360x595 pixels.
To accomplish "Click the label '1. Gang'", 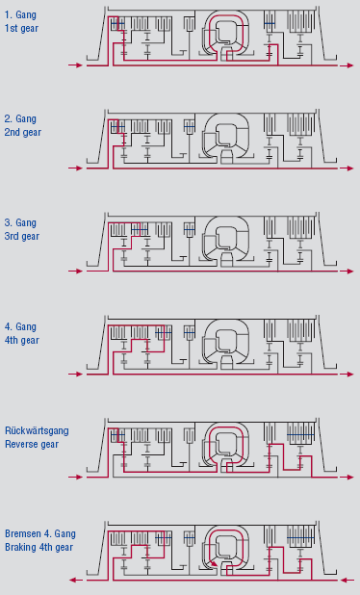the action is point(20,15).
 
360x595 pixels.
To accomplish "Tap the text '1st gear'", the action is point(21,29).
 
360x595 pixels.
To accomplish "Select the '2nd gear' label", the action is point(23,133).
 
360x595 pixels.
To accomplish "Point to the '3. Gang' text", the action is point(20,222).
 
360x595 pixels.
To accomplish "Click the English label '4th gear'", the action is point(21,340).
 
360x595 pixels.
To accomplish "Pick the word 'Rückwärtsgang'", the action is point(37,431).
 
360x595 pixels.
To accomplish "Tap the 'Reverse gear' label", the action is point(32,445).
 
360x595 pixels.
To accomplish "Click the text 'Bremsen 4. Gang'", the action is point(40,534).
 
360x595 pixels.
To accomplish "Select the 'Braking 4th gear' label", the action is point(39,547).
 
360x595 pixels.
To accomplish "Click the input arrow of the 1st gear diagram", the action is point(75,65).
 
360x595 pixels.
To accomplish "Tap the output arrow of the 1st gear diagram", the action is point(347,65).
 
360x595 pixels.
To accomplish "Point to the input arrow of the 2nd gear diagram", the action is point(75,168).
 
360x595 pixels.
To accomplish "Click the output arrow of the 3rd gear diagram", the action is point(347,272).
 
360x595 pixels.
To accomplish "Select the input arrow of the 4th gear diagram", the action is point(75,375).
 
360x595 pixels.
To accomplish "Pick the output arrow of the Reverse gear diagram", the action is point(347,477).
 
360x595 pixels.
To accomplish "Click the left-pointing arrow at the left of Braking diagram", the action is point(76,580).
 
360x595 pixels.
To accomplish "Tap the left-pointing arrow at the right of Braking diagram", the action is point(347,580).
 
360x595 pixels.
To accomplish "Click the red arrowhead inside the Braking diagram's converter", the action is point(215,563).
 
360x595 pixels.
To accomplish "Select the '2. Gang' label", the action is point(20,118).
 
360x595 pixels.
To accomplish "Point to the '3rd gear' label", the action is point(22,236).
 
